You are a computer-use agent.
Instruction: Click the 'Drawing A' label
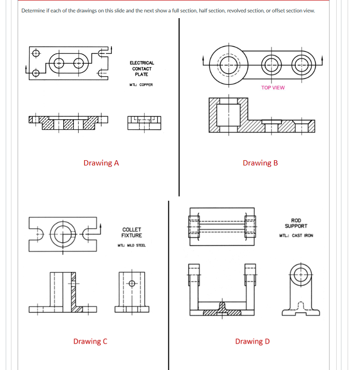coord(101,163)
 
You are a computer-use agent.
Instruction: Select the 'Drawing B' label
coord(260,163)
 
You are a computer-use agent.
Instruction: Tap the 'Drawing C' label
coord(90,341)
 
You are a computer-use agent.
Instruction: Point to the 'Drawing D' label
coord(252,341)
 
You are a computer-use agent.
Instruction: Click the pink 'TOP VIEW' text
coord(273,88)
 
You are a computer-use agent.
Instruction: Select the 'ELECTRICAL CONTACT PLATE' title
coord(141,68)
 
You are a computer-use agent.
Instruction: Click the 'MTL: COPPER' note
coord(141,85)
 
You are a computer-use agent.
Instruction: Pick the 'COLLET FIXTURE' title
coord(131,233)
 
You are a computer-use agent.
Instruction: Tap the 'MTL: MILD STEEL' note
coord(131,245)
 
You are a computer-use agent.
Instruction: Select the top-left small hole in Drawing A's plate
coord(35,53)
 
